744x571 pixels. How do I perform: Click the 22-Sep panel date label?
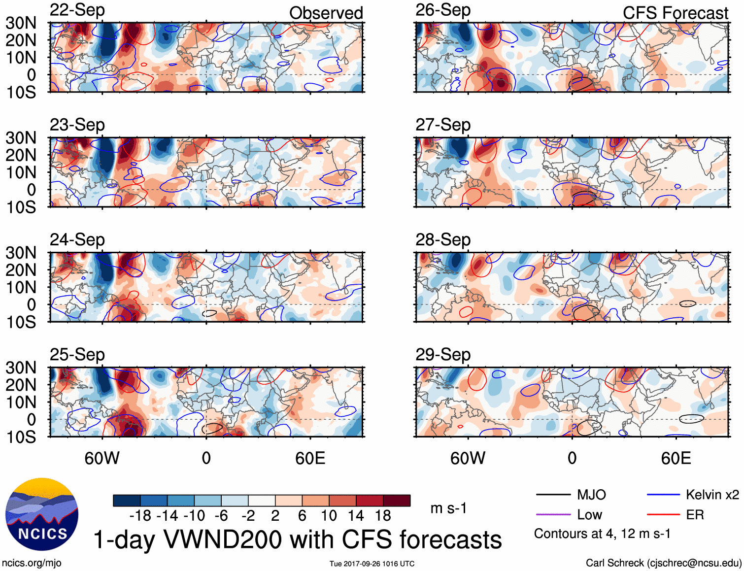pyautogui.click(x=77, y=10)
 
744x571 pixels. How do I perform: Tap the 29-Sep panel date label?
pyautogui.click(x=443, y=355)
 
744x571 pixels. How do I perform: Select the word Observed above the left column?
pyautogui.click(x=326, y=13)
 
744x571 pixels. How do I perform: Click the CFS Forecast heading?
pyautogui.click(x=675, y=13)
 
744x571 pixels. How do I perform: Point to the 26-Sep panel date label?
pyautogui.click(x=443, y=10)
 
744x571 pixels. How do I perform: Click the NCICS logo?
pyautogui.click(x=42, y=514)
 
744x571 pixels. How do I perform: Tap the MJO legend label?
pyautogui.click(x=591, y=495)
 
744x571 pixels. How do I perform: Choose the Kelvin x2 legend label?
pyautogui.click(x=712, y=495)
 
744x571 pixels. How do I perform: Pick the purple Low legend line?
pyautogui.click(x=553, y=515)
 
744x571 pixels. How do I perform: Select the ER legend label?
pyautogui.click(x=695, y=515)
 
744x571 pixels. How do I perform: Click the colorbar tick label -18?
pyautogui.click(x=140, y=516)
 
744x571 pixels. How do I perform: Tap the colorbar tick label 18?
pyautogui.click(x=383, y=516)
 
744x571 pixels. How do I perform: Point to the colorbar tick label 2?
pyautogui.click(x=275, y=516)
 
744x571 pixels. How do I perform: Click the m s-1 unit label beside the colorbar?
pyautogui.click(x=448, y=508)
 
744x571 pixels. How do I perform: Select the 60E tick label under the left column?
pyautogui.click(x=310, y=459)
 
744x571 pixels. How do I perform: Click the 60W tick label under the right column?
pyautogui.click(x=468, y=459)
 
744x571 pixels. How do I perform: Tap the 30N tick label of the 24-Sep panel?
pyautogui.click(x=21, y=253)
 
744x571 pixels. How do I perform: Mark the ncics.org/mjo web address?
pyautogui.click(x=32, y=563)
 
